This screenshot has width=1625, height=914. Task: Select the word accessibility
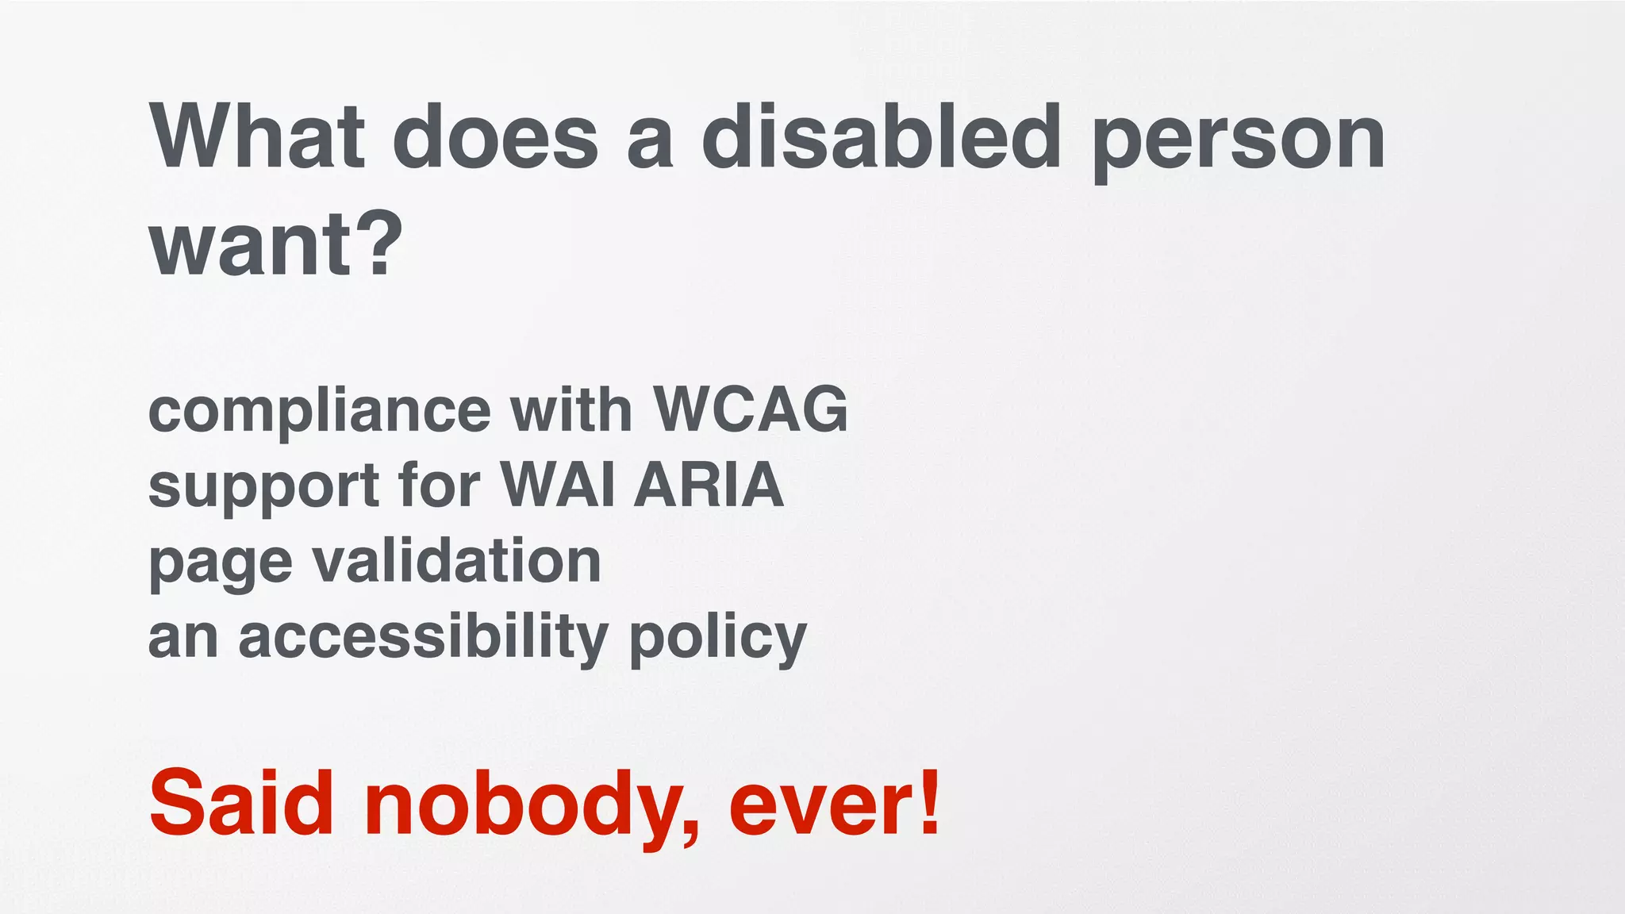point(423,636)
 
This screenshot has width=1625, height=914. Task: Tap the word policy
point(717,639)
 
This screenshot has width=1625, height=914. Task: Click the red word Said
point(240,803)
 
